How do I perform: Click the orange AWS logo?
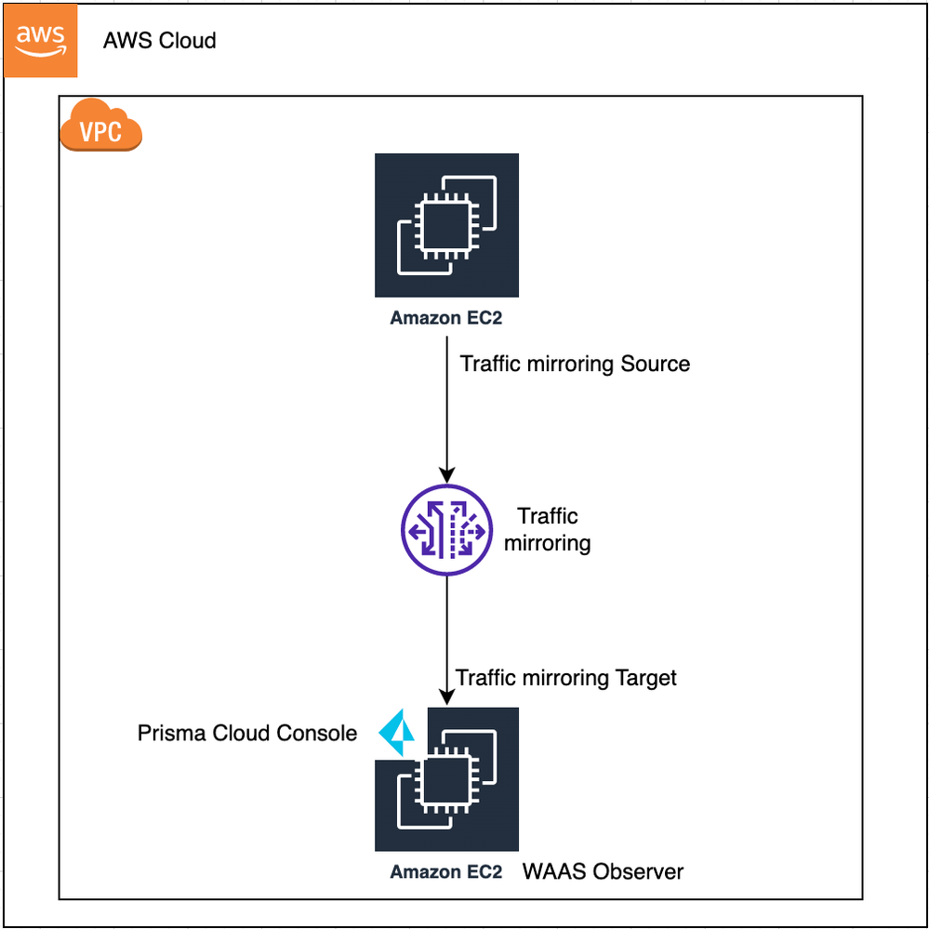coord(41,41)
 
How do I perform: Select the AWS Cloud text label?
coord(159,41)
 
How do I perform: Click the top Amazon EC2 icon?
coord(446,225)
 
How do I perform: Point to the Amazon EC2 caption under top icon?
coord(446,318)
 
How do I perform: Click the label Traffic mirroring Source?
coord(575,364)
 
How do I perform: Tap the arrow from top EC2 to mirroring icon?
coord(446,409)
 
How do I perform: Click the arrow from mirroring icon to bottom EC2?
coord(446,642)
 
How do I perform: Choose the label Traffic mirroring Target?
coord(566,678)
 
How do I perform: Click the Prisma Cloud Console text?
coord(247,734)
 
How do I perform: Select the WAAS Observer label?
coord(603,872)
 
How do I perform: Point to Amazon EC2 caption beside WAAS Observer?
coord(446,872)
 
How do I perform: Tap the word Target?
coord(645,678)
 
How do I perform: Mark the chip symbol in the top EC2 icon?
coord(446,225)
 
